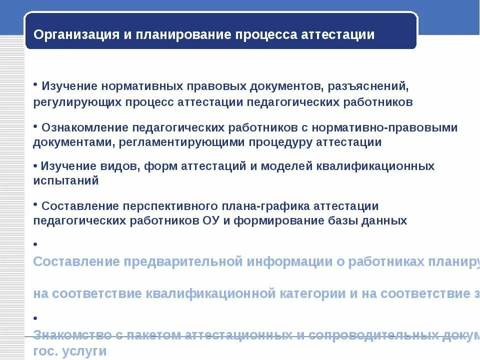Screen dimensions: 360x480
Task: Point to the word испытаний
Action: (66, 180)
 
